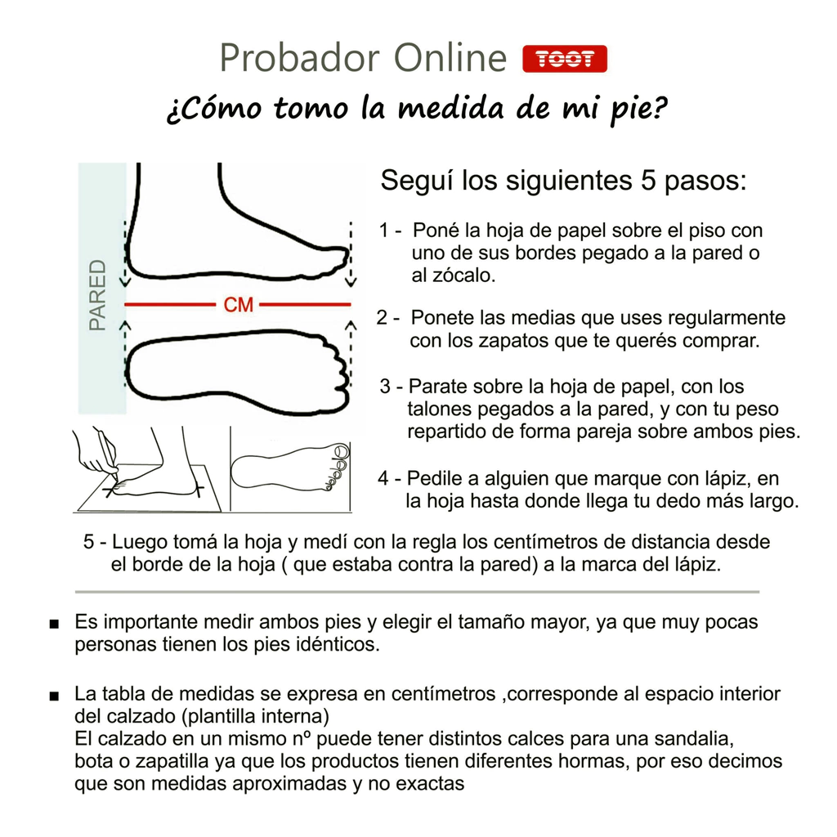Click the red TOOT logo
(x=565, y=59)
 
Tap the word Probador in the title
(x=300, y=58)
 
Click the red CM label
(x=238, y=305)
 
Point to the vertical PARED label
(x=98, y=295)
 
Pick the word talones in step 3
(x=439, y=409)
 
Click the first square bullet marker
(x=54, y=624)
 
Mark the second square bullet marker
(x=54, y=696)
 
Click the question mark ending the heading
(x=660, y=108)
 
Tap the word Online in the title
(x=450, y=58)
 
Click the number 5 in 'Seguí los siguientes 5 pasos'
(x=647, y=181)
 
